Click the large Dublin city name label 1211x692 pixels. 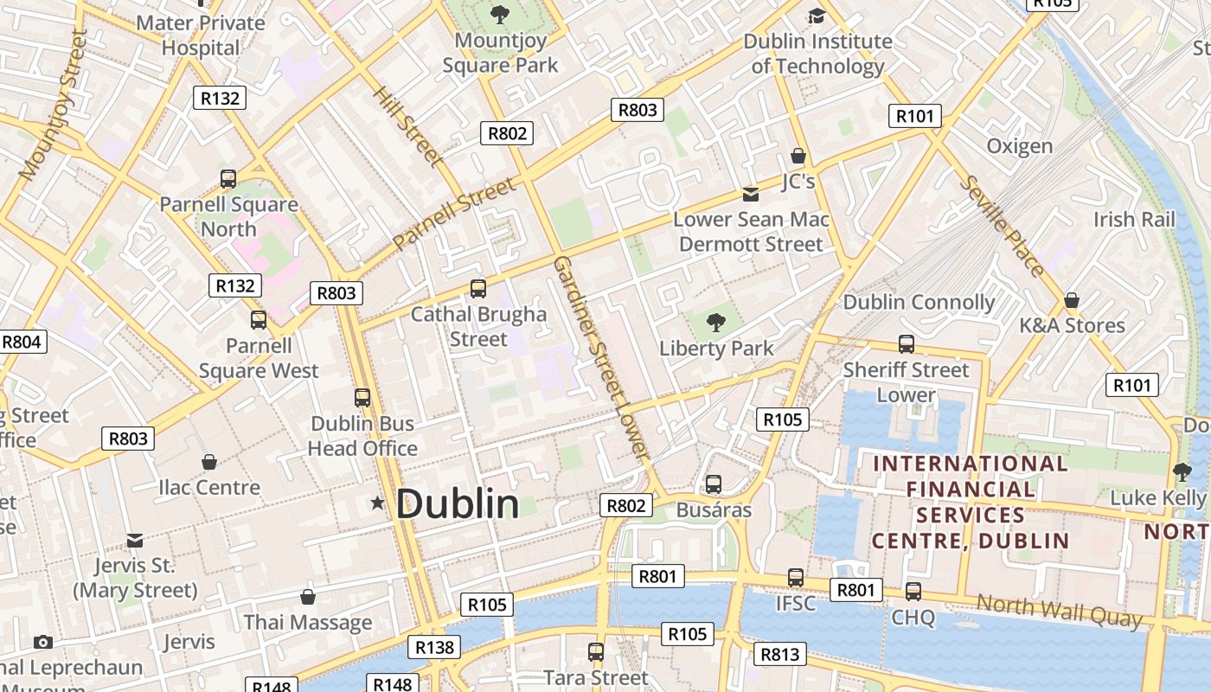[458, 503]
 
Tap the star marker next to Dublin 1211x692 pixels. [377, 503]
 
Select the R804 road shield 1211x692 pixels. [22, 342]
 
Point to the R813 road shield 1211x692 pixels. [779, 654]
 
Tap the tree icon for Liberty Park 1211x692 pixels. [715, 324]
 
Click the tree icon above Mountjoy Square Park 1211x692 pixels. [499, 15]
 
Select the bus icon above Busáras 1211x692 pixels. [714, 484]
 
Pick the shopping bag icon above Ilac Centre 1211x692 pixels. [208, 462]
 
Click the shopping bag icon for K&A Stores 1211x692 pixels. [1072, 300]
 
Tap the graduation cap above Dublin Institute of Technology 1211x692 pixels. [817, 16]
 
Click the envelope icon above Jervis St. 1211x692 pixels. [135, 541]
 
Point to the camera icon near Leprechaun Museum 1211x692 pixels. [42, 642]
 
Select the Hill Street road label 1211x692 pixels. [408, 126]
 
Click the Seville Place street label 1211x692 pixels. [1003, 226]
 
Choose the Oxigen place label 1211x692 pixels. [1020, 146]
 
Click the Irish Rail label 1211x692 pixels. [1134, 220]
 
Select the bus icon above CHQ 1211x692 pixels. [913, 592]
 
